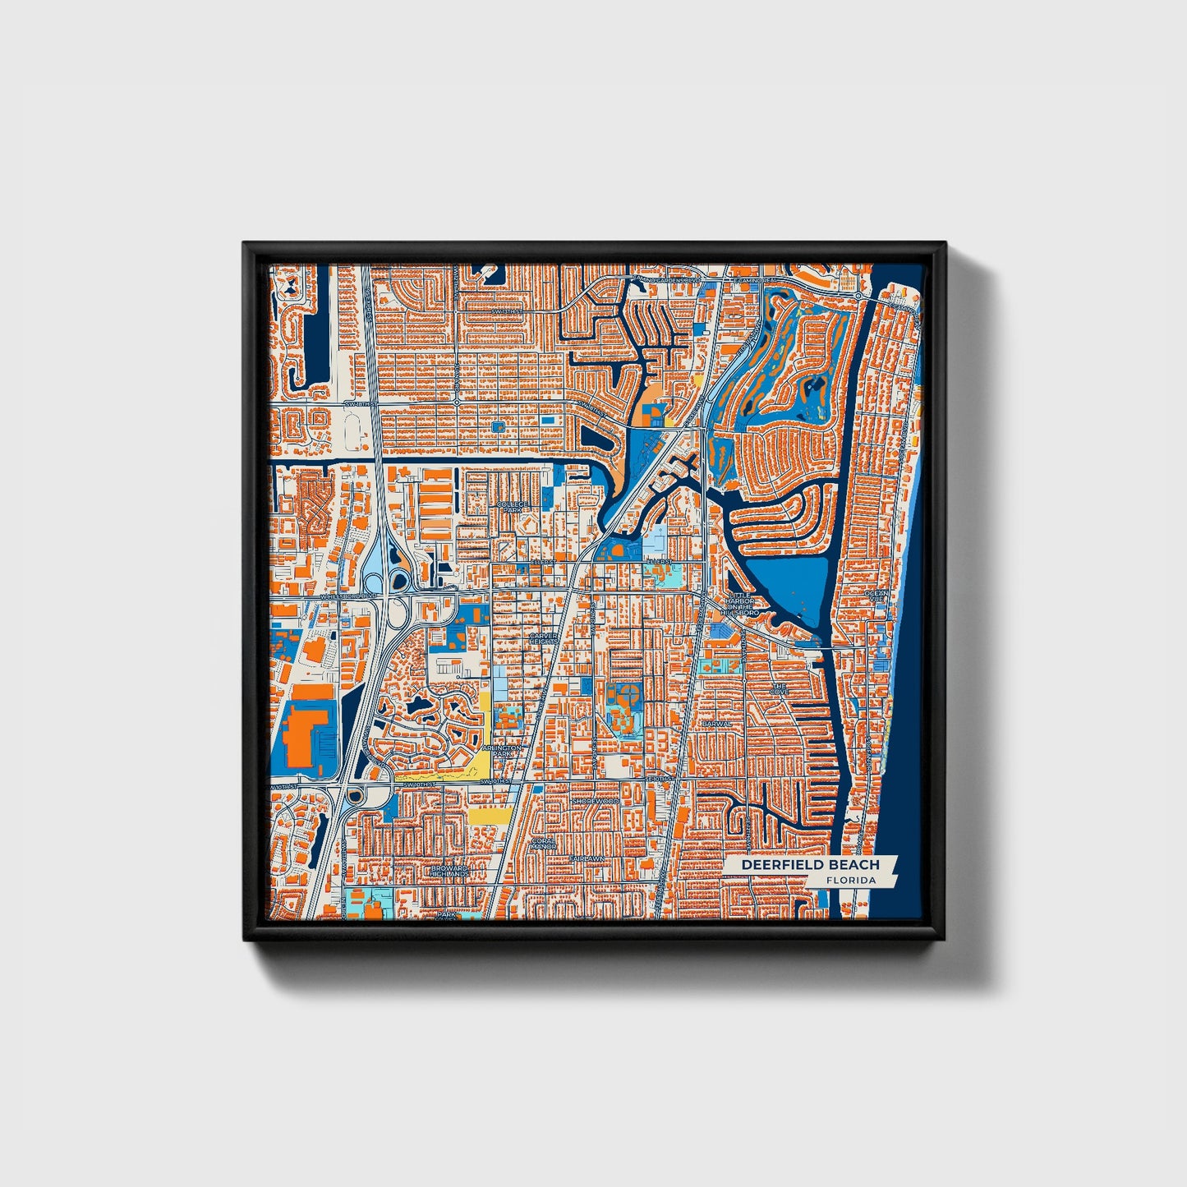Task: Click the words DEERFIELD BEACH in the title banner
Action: tap(810, 865)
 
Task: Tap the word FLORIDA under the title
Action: tap(851, 881)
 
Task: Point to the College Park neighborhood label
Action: tap(511, 505)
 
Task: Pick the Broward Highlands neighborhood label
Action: tap(450, 871)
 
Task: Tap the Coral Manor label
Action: tap(544, 844)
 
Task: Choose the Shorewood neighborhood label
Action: tap(595, 800)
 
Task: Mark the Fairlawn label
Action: tap(587, 859)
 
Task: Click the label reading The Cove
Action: tap(779, 688)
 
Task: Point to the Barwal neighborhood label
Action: tap(716, 724)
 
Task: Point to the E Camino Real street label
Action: tap(756, 281)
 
